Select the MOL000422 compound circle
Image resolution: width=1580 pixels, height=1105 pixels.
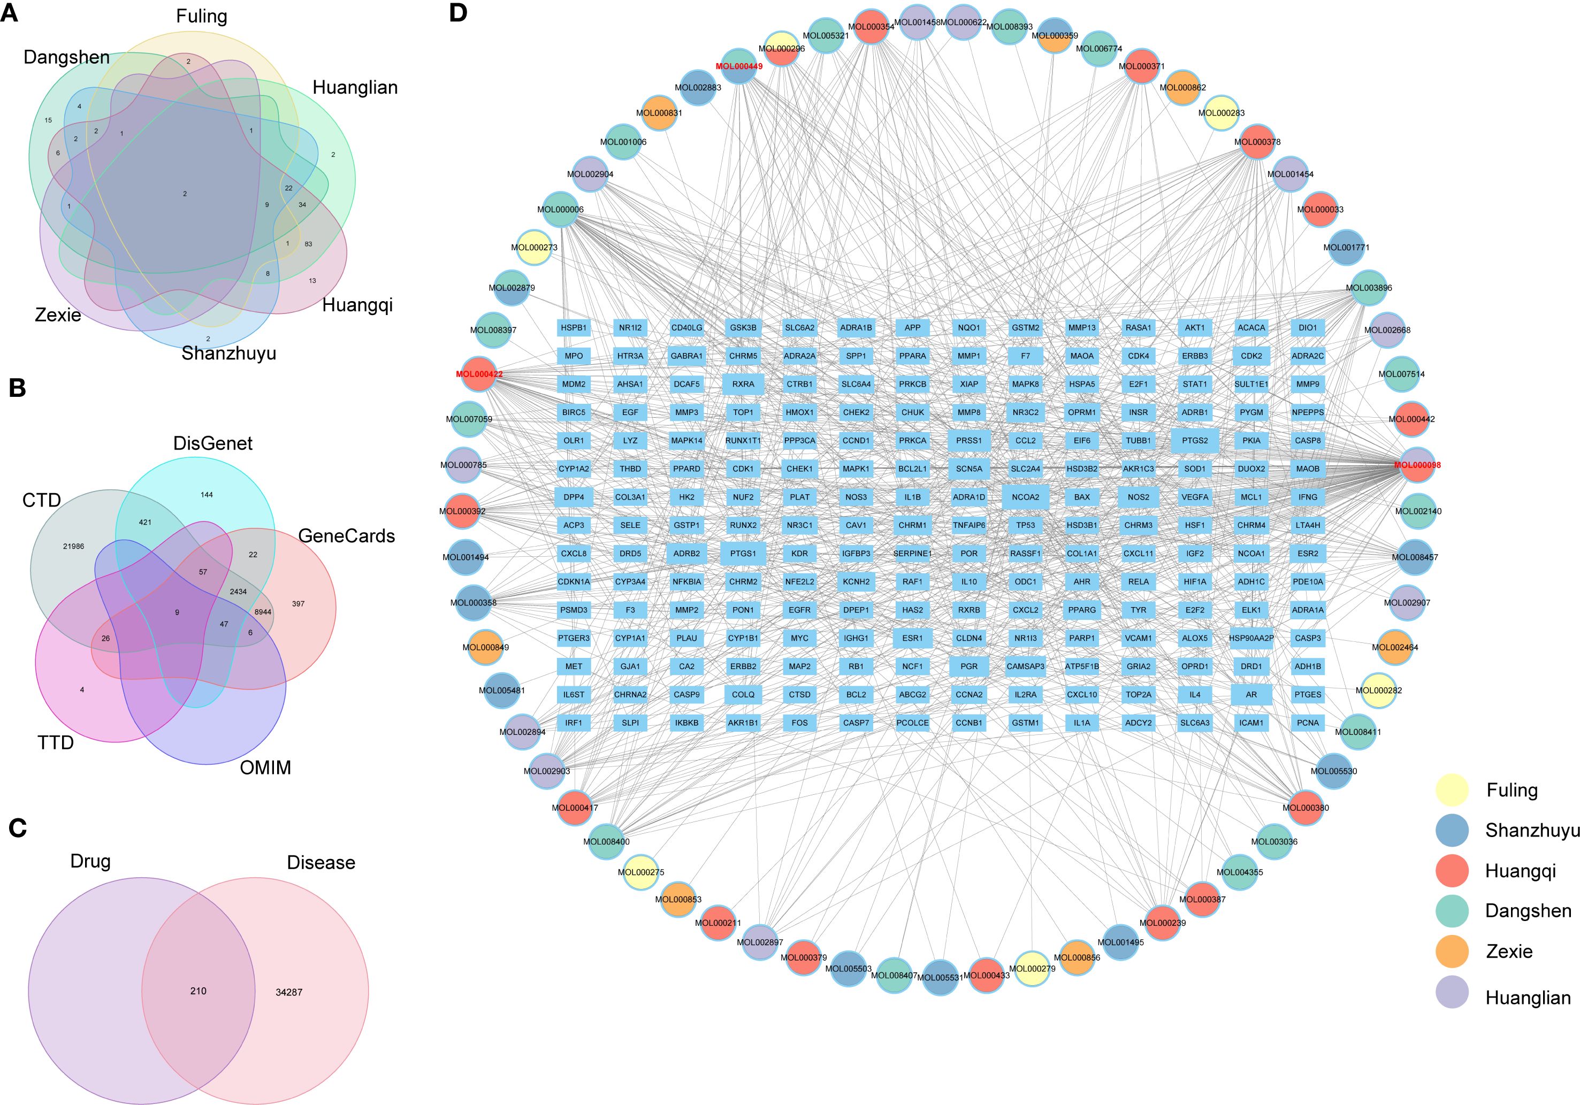[x=479, y=374]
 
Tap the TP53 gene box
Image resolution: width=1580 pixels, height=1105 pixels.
[x=1025, y=525]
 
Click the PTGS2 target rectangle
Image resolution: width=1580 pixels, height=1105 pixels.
[x=1195, y=440]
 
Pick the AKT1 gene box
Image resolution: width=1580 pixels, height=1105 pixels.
[x=1195, y=327]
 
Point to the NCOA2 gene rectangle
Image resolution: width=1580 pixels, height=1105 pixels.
[x=1025, y=497]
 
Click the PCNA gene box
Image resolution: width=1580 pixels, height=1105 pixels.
[x=1308, y=723]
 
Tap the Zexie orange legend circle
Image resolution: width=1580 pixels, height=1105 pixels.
[x=1452, y=951]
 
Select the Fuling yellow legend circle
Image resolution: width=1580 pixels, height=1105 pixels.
[x=1452, y=789]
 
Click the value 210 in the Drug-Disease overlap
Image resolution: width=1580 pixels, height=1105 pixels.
[x=198, y=991]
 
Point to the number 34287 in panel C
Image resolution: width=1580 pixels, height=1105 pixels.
[x=289, y=992]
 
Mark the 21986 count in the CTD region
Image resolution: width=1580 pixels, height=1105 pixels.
[x=74, y=546]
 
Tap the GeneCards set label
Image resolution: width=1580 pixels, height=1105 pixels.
[x=346, y=536]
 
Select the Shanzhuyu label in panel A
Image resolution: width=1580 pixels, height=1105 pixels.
[x=228, y=353]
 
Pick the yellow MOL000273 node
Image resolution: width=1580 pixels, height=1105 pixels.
[x=534, y=248]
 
